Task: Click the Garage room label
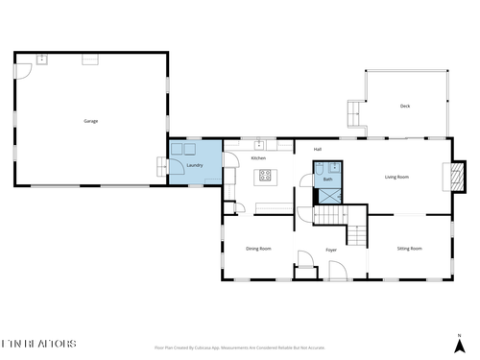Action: pyautogui.click(x=91, y=121)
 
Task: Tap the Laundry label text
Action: pyautogui.click(x=194, y=165)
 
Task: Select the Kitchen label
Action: pyautogui.click(x=258, y=157)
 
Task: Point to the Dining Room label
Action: pyautogui.click(x=258, y=249)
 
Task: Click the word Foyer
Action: pyautogui.click(x=331, y=250)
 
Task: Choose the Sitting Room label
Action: pyautogui.click(x=410, y=249)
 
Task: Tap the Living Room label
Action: pyautogui.click(x=397, y=177)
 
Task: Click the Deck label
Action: pyautogui.click(x=405, y=107)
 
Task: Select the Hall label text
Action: pyautogui.click(x=317, y=149)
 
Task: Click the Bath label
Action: pyautogui.click(x=327, y=180)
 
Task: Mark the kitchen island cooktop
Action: pyautogui.click(x=265, y=176)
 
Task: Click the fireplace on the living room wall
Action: pyautogui.click(x=444, y=177)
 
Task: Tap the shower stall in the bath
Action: pyautogui.click(x=327, y=194)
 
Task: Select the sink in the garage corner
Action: pyautogui.click(x=42, y=60)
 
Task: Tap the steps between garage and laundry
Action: pyautogui.click(x=158, y=167)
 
